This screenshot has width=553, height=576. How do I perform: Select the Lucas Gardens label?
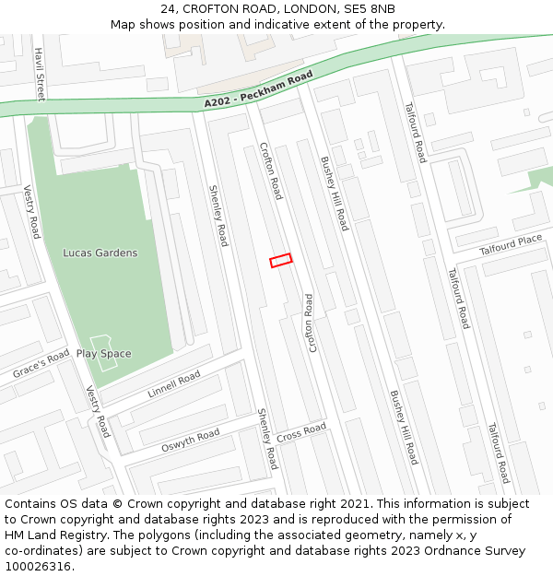coord(100,253)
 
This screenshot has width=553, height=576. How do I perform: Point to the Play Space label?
coord(103,354)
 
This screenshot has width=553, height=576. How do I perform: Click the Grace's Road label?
coord(41,365)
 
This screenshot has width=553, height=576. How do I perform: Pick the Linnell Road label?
coord(173,384)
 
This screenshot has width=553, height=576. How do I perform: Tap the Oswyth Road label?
coord(190,441)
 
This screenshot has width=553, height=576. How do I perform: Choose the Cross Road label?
coord(301,432)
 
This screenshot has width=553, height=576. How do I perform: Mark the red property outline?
coord(281,261)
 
